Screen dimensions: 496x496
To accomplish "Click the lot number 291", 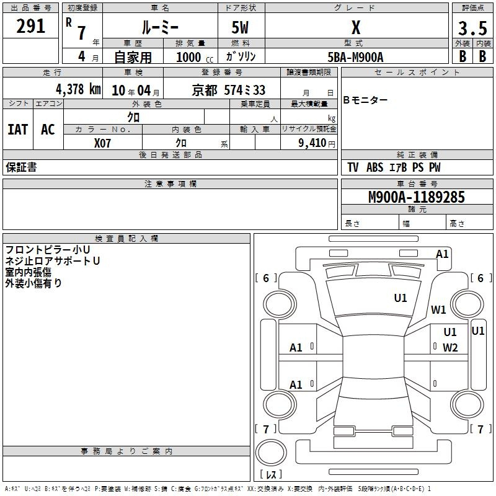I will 31,27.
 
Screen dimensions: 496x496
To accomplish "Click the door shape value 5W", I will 241,27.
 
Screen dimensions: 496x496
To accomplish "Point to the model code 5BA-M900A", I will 355,57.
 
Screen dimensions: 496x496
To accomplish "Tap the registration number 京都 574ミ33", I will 229,90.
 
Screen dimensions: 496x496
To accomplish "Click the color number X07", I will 103,143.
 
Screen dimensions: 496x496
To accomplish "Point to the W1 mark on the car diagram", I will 439,309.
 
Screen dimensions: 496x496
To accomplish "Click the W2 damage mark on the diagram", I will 450,347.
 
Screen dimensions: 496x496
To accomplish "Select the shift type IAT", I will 17,130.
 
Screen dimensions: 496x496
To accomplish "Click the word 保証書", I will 21,167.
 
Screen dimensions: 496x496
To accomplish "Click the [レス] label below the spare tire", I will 271,475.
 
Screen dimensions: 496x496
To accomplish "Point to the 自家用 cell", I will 132,57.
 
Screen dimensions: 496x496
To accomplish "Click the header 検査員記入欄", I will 126,238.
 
